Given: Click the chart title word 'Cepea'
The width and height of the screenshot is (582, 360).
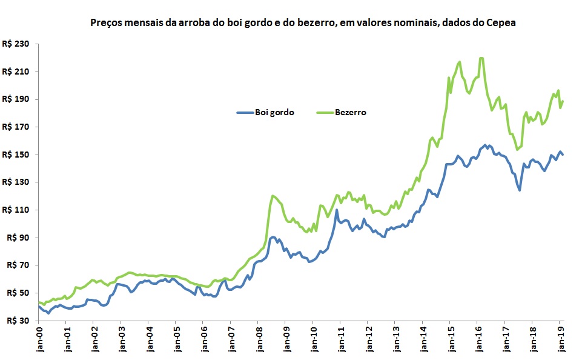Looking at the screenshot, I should click(x=501, y=22).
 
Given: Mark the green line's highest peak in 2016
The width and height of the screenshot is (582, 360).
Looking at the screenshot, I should click(x=481, y=58).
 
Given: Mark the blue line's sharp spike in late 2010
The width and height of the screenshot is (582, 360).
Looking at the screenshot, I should click(x=336, y=210).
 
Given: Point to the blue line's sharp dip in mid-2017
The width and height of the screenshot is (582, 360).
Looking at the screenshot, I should click(x=520, y=190).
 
